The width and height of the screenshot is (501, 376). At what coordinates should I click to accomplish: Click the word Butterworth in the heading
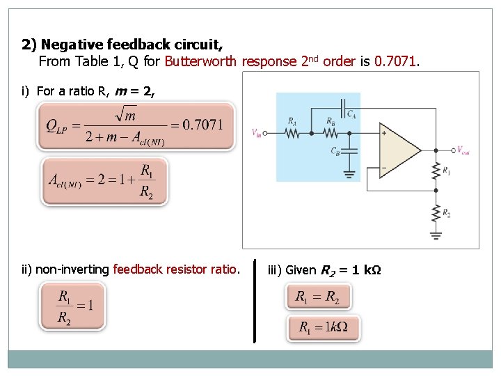pos(201,61)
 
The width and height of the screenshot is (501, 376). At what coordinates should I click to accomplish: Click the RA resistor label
pos(292,120)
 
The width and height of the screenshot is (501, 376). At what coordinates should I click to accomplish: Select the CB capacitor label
pos(336,150)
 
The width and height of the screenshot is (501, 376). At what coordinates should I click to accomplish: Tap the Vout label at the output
pos(463,150)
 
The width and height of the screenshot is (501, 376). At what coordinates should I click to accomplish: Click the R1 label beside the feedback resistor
pos(446,170)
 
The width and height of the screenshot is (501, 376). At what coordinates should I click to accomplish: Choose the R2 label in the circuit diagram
pos(446,213)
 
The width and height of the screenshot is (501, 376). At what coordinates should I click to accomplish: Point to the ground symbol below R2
pos(436,235)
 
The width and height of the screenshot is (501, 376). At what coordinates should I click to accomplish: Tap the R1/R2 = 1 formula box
pos(73,306)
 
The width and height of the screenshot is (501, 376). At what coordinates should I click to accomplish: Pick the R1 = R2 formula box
pos(318,297)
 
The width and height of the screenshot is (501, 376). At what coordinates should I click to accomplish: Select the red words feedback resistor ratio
pos(175,269)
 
